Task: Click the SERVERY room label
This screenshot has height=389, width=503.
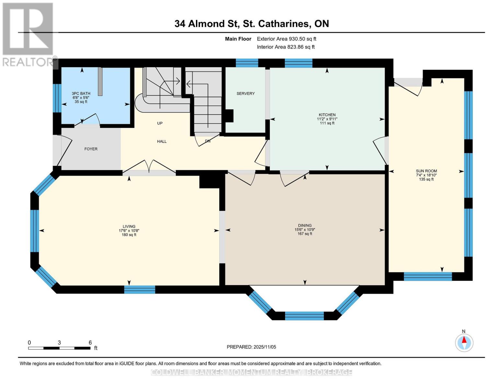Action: (x=246, y=93)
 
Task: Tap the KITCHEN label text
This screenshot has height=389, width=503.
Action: (x=327, y=115)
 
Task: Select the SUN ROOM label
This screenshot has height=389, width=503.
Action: (x=426, y=171)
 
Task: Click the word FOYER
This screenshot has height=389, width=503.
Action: (x=91, y=149)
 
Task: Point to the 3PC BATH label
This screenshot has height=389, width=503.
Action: (x=81, y=93)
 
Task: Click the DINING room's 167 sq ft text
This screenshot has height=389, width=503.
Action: (x=305, y=234)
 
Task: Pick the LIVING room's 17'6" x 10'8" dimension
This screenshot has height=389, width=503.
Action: (x=129, y=231)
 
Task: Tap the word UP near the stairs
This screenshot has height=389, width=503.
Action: (x=160, y=123)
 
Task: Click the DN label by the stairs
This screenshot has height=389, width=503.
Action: (x=208, y=141)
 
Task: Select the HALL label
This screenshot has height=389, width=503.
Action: (x=162, y=141)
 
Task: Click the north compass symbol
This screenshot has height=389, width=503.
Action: (x=464, y=342)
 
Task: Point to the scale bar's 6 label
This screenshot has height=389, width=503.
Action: (x=90, y=343)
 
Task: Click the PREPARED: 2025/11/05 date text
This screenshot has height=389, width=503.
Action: (x=251, y=347)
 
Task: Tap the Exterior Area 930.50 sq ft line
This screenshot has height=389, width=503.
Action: (x=286, y=39)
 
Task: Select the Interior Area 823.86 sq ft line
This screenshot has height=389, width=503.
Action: (x=286, y=47)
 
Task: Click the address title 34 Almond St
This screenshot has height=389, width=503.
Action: (x=251, y=24)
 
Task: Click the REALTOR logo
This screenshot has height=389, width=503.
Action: (x=28, y=34)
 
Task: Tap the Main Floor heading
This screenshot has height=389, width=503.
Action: (x=238, y=39)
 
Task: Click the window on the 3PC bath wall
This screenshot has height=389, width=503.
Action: (x=57, y=98)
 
